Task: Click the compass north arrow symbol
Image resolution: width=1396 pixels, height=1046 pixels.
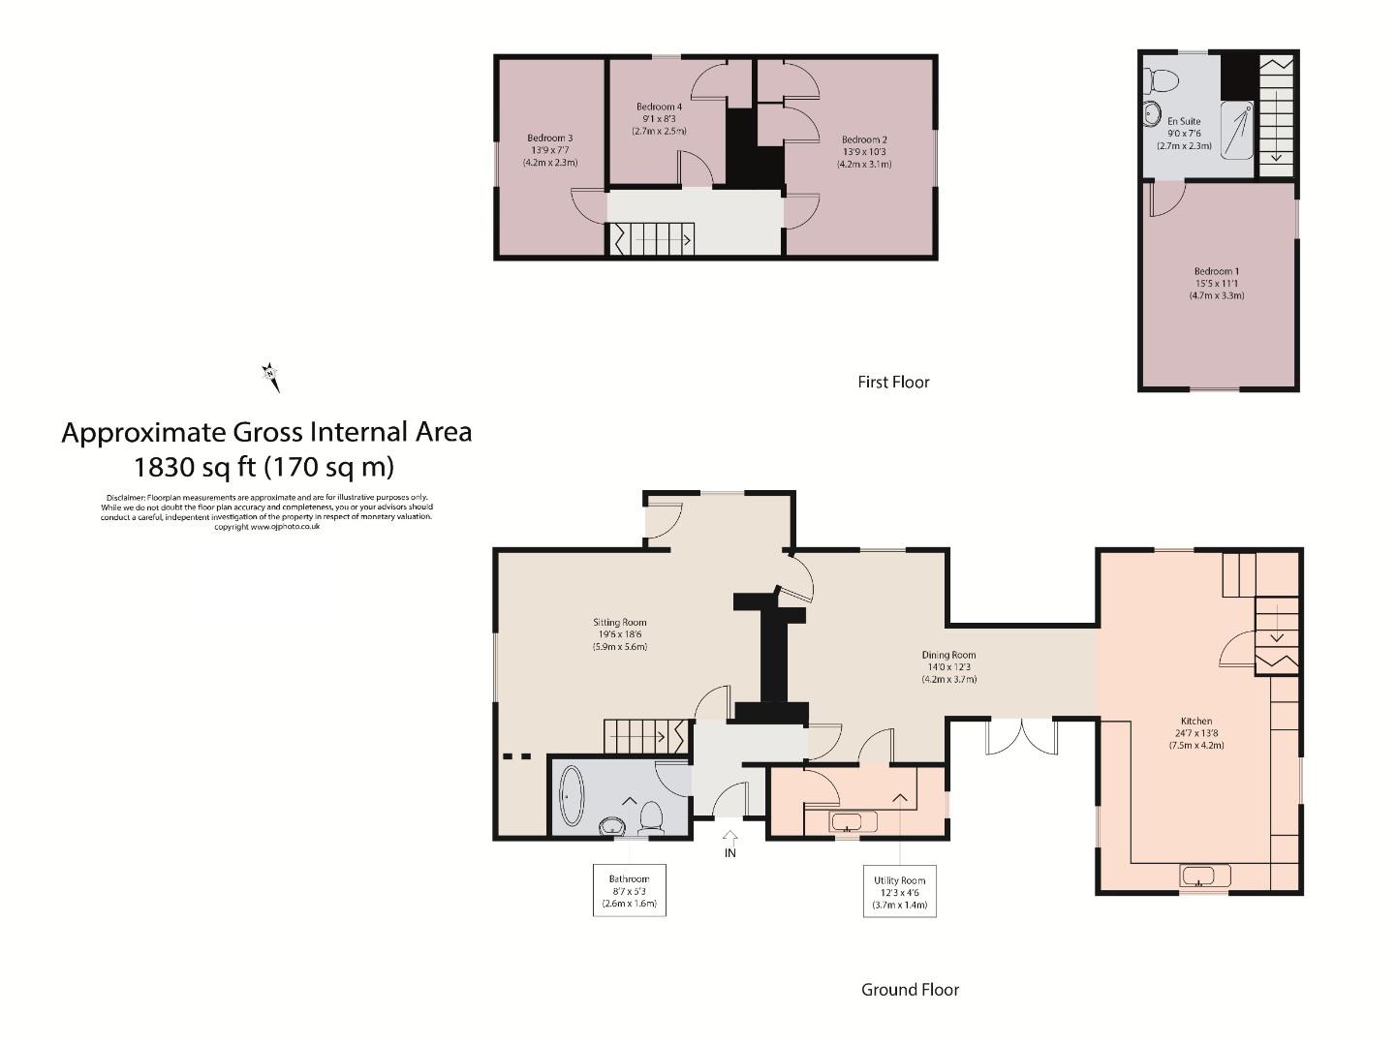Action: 271,376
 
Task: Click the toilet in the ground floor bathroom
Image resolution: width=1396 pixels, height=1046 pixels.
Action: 650,817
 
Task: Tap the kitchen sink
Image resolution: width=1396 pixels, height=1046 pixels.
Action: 1204,876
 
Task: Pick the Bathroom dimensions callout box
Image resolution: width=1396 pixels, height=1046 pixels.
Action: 629,889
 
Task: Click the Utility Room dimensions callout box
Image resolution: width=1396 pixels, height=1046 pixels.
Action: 900,891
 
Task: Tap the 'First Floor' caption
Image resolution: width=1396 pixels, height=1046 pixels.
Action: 893,383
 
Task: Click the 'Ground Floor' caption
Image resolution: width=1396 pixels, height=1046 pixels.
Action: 910,990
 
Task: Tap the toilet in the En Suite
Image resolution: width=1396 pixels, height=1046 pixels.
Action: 1160,77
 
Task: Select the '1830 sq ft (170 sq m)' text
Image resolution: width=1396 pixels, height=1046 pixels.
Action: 264,468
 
